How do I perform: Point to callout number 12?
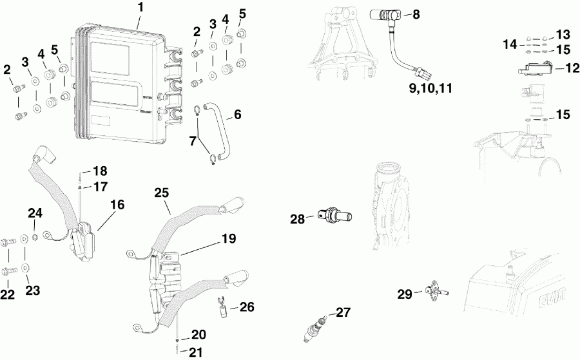point(554,67)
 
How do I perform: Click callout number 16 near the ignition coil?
point(117,205)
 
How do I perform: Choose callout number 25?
point(162,193)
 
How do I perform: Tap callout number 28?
point(297,219)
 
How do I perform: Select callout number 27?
point(343,313)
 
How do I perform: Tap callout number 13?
point(563,34)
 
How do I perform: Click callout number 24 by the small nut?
point(34,213)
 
